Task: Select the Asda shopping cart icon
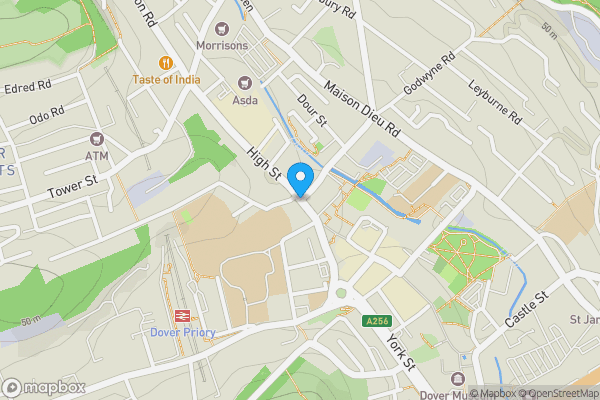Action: point(244,82)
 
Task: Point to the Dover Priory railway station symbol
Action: point(183,315)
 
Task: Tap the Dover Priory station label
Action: point(183,333)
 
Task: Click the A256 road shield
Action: point(375,321)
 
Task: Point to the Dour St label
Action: point(313,110)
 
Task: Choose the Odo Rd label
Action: point(46,116)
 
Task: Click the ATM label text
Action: point(96,156)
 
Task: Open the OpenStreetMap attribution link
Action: point(558,393)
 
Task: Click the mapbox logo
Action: point(44,387)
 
